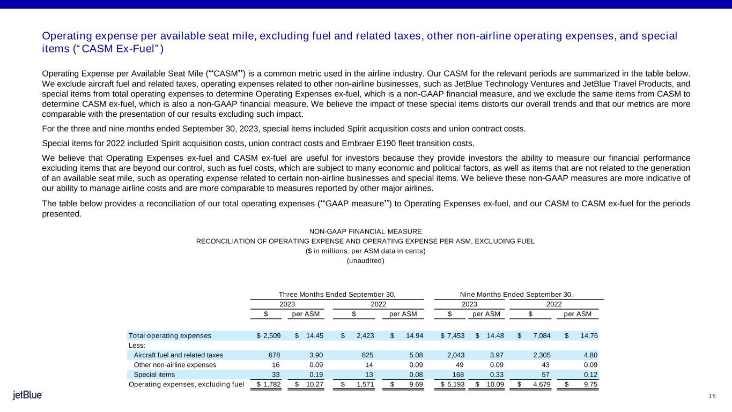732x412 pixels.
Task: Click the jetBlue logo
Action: coord(27,395)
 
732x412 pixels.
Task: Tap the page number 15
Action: coord(712,396)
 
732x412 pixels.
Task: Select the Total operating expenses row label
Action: coord(170,336)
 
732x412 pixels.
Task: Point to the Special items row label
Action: coord(151,374)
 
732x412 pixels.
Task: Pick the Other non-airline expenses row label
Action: coord(175,365)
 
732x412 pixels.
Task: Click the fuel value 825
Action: coord(367,355)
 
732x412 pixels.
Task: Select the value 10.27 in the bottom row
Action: coord(313,384)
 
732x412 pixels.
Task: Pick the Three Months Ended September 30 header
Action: coord(337,294)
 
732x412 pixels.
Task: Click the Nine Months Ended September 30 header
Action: coord(516,294)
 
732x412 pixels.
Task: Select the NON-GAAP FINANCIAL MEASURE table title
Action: coord(366,231)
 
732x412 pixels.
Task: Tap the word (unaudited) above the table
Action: coord(366,261)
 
